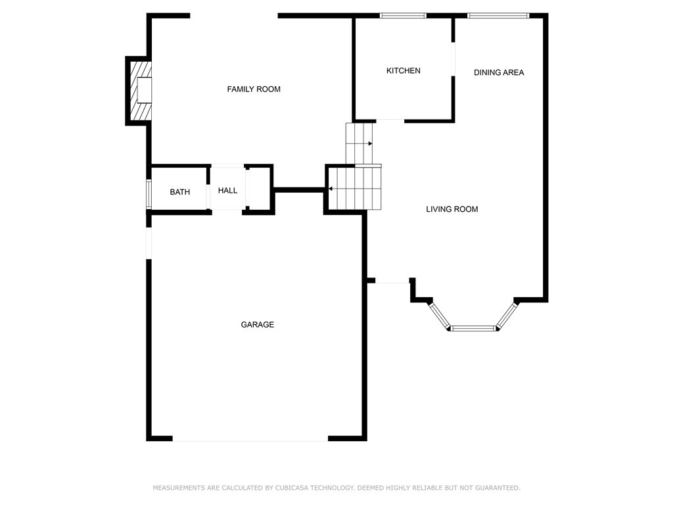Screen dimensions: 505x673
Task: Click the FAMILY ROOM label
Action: point(254,89)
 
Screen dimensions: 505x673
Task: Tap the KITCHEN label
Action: point(403,70)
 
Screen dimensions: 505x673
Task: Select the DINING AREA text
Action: point(499,72)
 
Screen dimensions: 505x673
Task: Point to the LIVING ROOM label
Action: point(452,209)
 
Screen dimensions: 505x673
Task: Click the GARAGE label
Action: point(257,325)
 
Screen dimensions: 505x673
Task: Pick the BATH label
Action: point(179,192)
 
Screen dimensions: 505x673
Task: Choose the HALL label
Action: point(227,191)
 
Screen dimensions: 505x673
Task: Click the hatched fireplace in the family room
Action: point(139,90)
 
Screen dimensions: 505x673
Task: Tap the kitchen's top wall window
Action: point(403,15)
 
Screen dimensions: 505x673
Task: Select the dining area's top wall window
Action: point(498,15)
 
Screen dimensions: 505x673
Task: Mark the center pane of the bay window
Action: point(473,327)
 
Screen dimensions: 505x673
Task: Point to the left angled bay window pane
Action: point(440,316)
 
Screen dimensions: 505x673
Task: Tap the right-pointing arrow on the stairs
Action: point(369,143)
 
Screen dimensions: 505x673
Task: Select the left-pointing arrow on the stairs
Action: point(331,189)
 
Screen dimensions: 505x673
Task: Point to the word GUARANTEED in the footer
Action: point(498,488)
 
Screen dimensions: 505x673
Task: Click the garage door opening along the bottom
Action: point(250,439)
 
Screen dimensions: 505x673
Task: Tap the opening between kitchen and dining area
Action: point(453,59)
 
